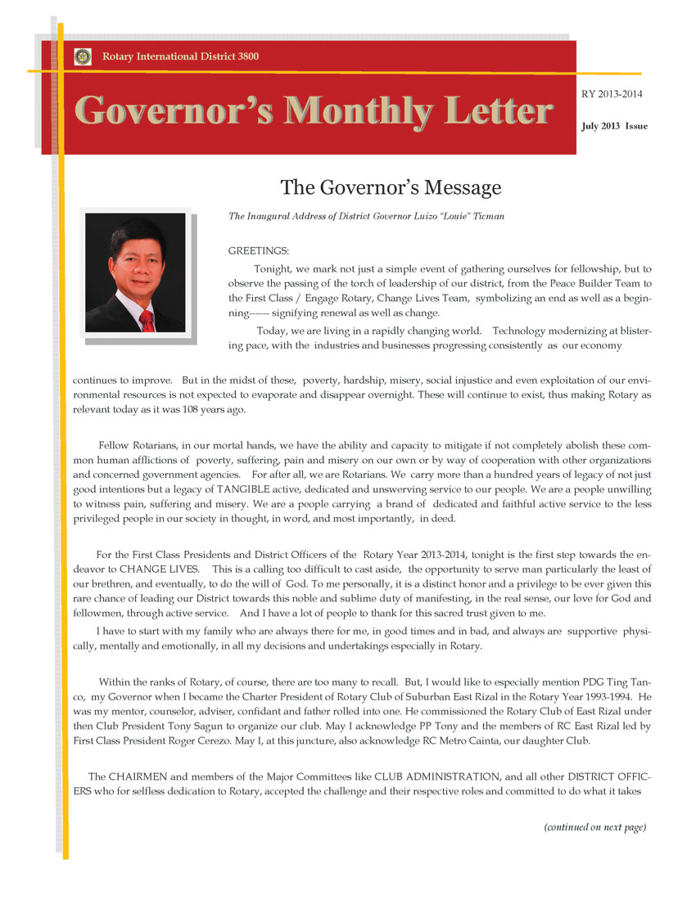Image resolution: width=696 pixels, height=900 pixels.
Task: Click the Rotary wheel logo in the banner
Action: (x=83, y=56)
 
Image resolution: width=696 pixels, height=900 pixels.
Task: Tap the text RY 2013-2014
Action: (x=611, y=94)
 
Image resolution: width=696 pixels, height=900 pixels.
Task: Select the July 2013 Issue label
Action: (x=614, y=127)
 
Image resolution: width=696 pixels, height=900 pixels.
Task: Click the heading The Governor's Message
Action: (x=391, y=187)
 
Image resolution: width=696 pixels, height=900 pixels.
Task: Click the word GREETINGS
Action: (x=258, y=250)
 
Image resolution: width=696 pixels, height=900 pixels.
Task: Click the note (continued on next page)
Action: (x=594, y=827)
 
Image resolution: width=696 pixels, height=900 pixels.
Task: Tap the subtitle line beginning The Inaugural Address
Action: (x=366, y=216)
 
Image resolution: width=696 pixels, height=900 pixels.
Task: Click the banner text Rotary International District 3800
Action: (x=180, y=56)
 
